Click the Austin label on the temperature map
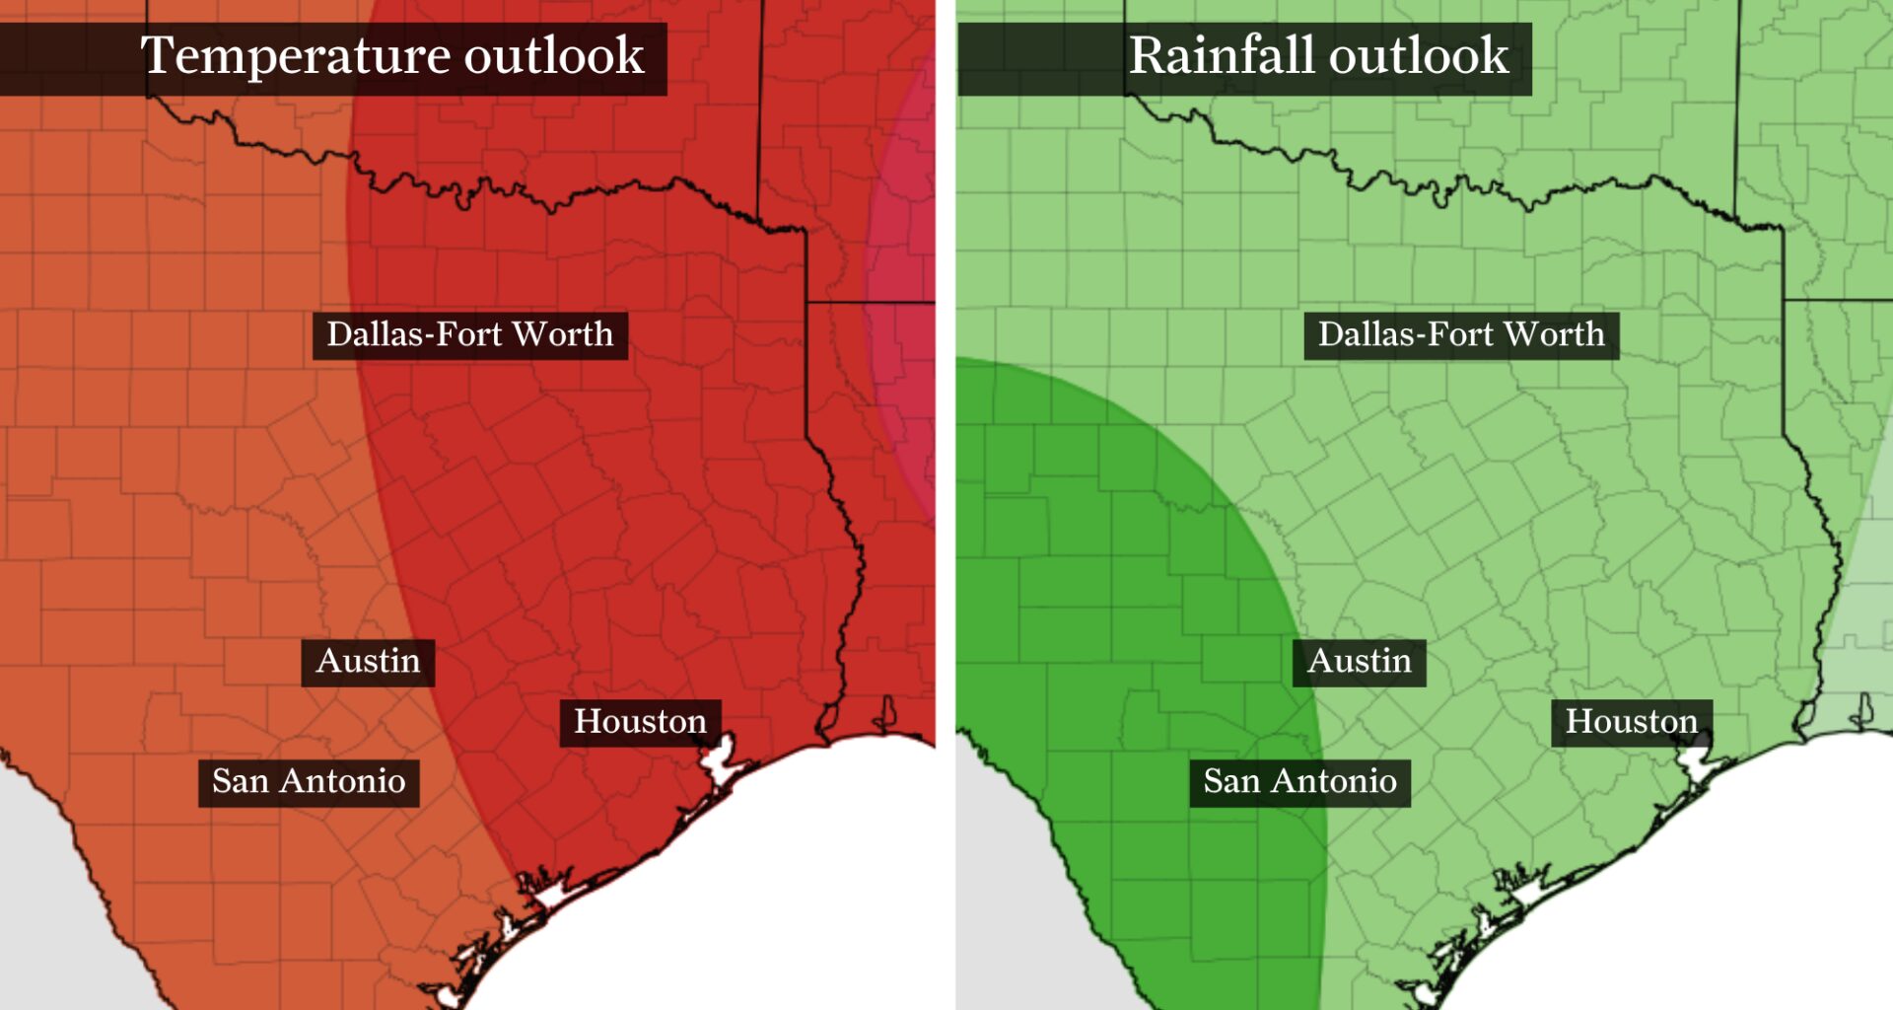coord(368,661)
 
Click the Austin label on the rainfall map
coord(1359,661)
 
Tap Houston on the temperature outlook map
coord(640,722)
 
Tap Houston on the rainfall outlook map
coord(1631,722)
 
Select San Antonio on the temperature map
coord(309,782)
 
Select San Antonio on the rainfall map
coord(1299,782)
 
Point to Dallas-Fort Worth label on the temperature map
coord(469,335)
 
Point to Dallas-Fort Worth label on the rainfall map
coord(1460,335)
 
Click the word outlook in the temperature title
coord(554,56)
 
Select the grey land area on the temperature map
coord(49,888)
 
